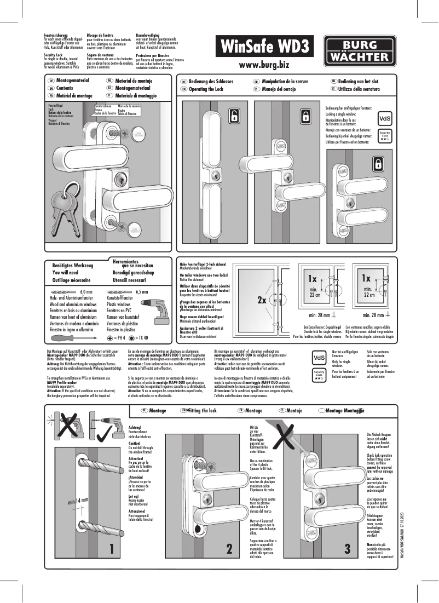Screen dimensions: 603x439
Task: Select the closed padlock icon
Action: click(x=378, y=163)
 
